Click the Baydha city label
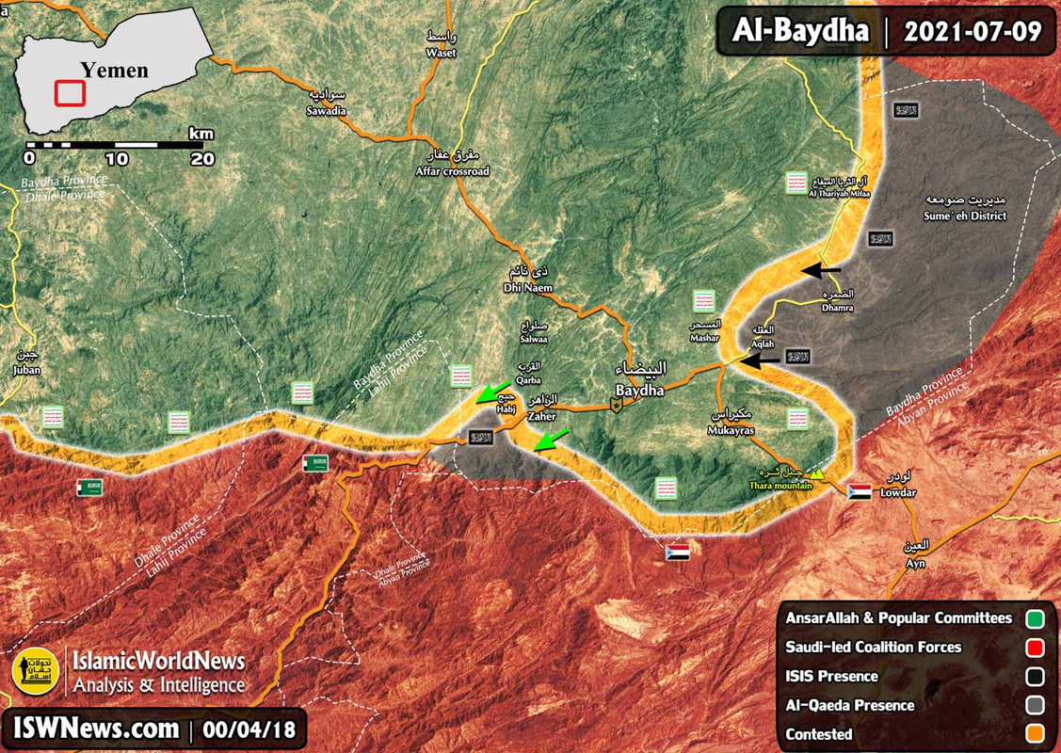point(639,389)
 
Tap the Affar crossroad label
point(453,171)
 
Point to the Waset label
point(440,53)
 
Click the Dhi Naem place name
point(526,287)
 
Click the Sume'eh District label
point(966,216)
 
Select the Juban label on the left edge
point(22,370)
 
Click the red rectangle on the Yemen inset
point(70,93)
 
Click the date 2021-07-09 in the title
point(973,32)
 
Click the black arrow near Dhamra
point(822,271)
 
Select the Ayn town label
point(915,563)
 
